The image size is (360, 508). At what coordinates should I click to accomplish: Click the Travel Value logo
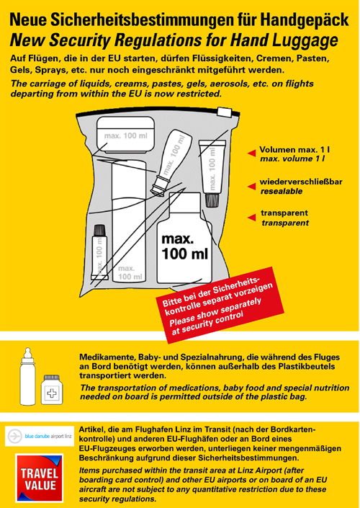[x=39, y=478]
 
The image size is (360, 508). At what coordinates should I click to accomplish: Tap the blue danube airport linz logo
[x=40, y=436]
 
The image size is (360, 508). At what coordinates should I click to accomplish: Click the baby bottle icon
[x=28, y=376]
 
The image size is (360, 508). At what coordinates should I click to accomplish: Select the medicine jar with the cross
[x=52, y=389]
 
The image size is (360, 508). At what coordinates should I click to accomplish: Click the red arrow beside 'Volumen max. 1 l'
[x=251, y=153]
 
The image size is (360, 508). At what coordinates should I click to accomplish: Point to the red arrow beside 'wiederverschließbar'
[x=251, y=187]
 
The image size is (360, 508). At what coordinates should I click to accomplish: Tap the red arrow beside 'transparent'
[x=251, y=218]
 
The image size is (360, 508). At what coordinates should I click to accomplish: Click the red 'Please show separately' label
[x=220, y=306]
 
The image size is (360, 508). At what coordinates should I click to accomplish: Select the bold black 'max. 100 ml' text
[x=184, y=247]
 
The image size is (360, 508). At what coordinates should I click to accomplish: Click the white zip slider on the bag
[x=225, y=112]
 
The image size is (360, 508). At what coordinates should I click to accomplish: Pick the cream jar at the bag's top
[x=125, y=135]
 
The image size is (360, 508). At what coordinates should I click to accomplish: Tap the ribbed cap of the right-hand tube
[x=212, y=200]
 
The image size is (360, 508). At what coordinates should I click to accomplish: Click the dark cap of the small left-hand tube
[x=99, y=230]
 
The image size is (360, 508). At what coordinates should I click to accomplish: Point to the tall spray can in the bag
[x=129, y=220]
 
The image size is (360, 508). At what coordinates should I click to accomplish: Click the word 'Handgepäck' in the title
[x=305, y=20]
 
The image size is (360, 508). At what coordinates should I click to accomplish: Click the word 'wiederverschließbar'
[x=301, y=182]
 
